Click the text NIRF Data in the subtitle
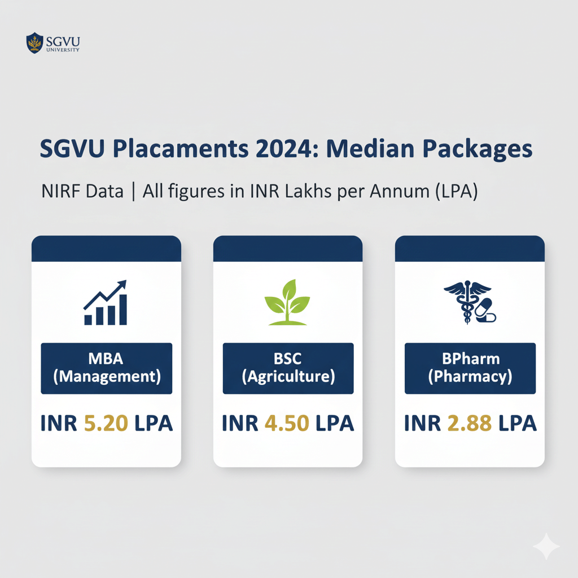pos(82,191)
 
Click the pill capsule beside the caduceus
pos(485,311)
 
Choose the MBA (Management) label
pos(106,368)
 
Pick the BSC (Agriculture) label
pos(288,368)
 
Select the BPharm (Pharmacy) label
pos(470,368)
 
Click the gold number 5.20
pos(107,423)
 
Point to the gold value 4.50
pos(288,423)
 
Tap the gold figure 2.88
pos(470,423)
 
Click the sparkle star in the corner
pos(546,546)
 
